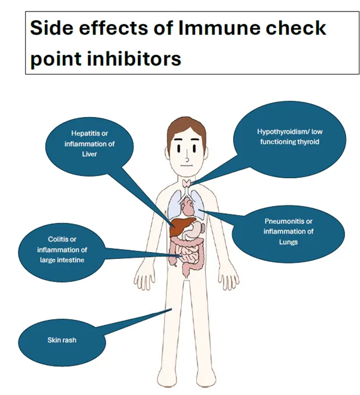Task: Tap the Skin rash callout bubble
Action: click(x=62, y=340)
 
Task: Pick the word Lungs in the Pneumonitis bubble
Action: click(x=289, y=242)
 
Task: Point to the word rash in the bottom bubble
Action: click(x=69, y=340)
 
